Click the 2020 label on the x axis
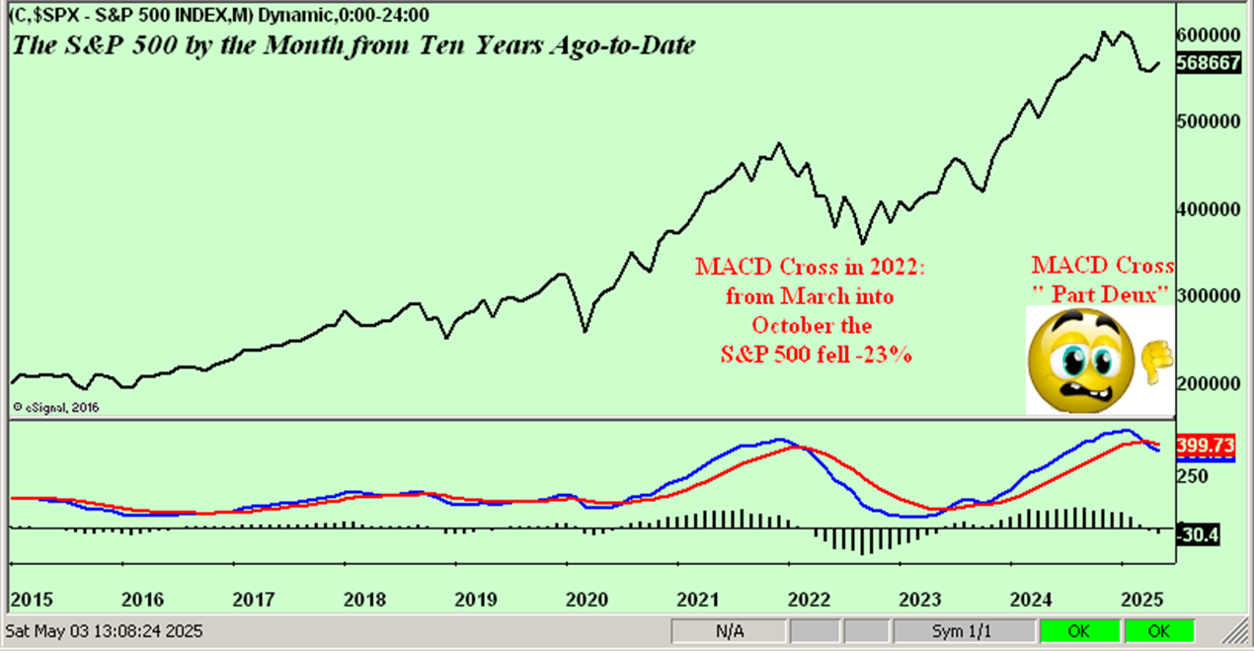[588, 599]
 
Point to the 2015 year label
[30, 599]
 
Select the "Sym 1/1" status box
[966, 630]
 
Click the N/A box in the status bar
[727, 630]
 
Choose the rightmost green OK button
[1159, 630]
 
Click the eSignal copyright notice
[57, 406]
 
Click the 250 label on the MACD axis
[1196, 476]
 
